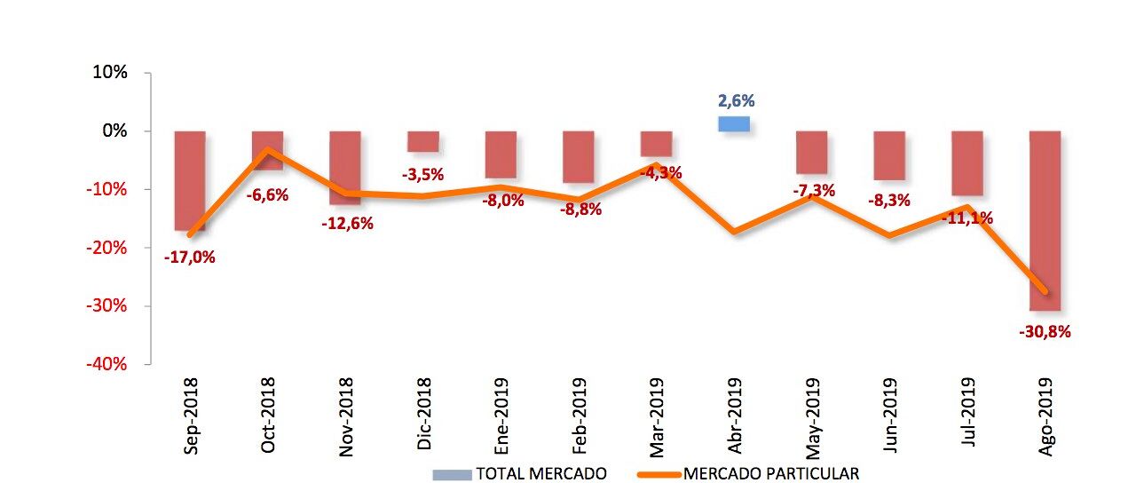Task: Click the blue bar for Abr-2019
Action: click(x=734, y=123)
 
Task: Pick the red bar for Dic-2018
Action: click(x=422, y=141)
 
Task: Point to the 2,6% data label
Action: click(x=736, y=101)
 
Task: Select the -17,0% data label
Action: click(x=190, y=257)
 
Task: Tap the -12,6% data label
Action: click(x=347, y=223)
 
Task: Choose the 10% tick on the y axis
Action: click(x=110, y=73)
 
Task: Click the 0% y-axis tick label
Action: click(x=114, y=131)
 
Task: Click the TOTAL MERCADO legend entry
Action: click(x=519, y=474)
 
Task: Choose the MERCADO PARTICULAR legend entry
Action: click(x=747, y=474)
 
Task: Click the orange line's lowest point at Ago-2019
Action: click(x=1044, y=292)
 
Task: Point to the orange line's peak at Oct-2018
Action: click(x=268, y=150)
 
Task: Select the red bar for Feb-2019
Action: click(x=578, y=156)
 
